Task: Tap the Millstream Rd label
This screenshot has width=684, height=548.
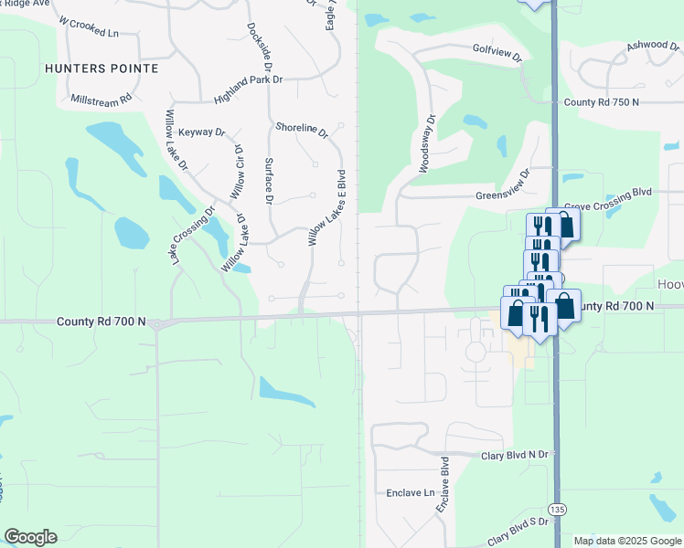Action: pyautogui.click(x=100, y=97)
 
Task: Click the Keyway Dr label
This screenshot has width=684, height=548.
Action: pyautogui.click(x=201, y=132)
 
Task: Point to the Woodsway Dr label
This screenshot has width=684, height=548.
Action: pyautogui.click(x=425, y=144)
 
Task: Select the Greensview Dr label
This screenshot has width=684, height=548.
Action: pyautogui.click(x=503, y=184)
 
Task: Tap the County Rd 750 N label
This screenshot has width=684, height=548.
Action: pyautogui.click(x=607, y=103)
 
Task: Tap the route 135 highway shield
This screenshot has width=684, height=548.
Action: pyautogui.click(x=555, y=507)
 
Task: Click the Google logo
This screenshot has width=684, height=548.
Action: pyautogui.click(x=30, y=537)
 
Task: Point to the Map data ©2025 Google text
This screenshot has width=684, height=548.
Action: pyautogui.click(x=626, y=541)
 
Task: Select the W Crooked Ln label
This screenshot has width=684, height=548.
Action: pyautogui.click(x=89, y=26)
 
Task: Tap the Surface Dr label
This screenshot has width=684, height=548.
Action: pyautogui.click(x=269, y=180)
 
